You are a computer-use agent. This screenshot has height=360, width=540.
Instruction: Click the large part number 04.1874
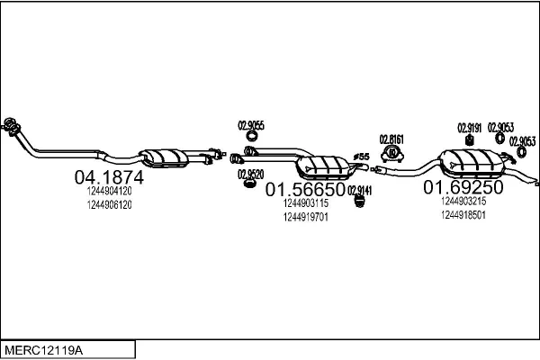tap(108, 178)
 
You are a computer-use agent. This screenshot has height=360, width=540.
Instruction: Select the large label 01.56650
tap(305, 190)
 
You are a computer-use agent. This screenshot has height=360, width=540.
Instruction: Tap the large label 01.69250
tap(463, 188)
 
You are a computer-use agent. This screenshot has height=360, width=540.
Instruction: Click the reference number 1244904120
tap(109, 192)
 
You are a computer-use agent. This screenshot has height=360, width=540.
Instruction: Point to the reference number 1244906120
tap(109, 205)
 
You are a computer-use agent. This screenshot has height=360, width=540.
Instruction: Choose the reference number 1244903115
tap(305, 203)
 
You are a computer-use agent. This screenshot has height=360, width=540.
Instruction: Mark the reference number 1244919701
tap(305, 217)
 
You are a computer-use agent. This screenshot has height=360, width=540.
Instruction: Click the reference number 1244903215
tap(463, 202)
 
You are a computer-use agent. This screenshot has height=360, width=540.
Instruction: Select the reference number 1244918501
tap(463, 215)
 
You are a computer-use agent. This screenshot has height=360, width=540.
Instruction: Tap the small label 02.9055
tap(250, 125)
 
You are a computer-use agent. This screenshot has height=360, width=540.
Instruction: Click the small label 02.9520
tap(250, 174)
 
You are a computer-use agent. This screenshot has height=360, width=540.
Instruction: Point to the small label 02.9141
tap(360, 189)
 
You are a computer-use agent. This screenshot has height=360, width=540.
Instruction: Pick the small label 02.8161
tap(391, 139)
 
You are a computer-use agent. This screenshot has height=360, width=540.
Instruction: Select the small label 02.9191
tap(470, 127)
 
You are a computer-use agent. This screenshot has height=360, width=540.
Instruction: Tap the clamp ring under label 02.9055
tap(251, 137)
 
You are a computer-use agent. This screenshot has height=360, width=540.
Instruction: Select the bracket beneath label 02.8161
tap(391, 153)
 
